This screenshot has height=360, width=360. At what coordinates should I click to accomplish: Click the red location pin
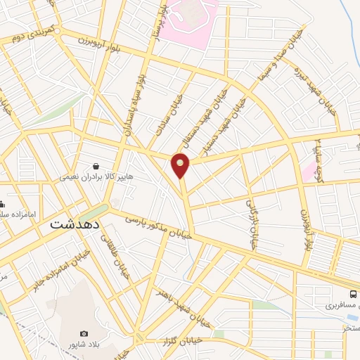coord(181,165)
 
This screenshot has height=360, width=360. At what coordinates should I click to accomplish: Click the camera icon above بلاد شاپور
coord(84,333)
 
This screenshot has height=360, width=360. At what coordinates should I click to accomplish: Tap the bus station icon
coord(353,294)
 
